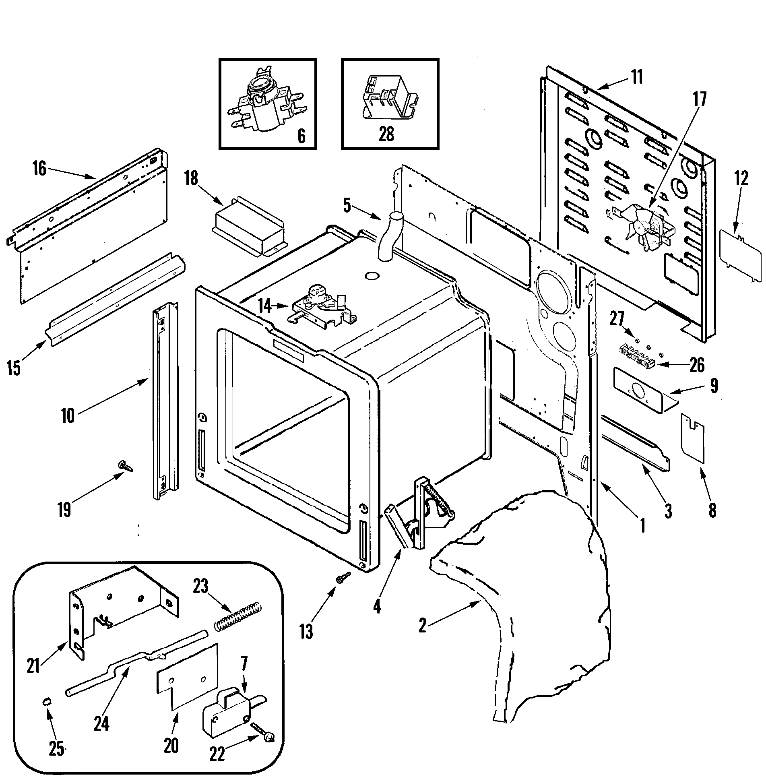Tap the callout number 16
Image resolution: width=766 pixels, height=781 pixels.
click(39, 169)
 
